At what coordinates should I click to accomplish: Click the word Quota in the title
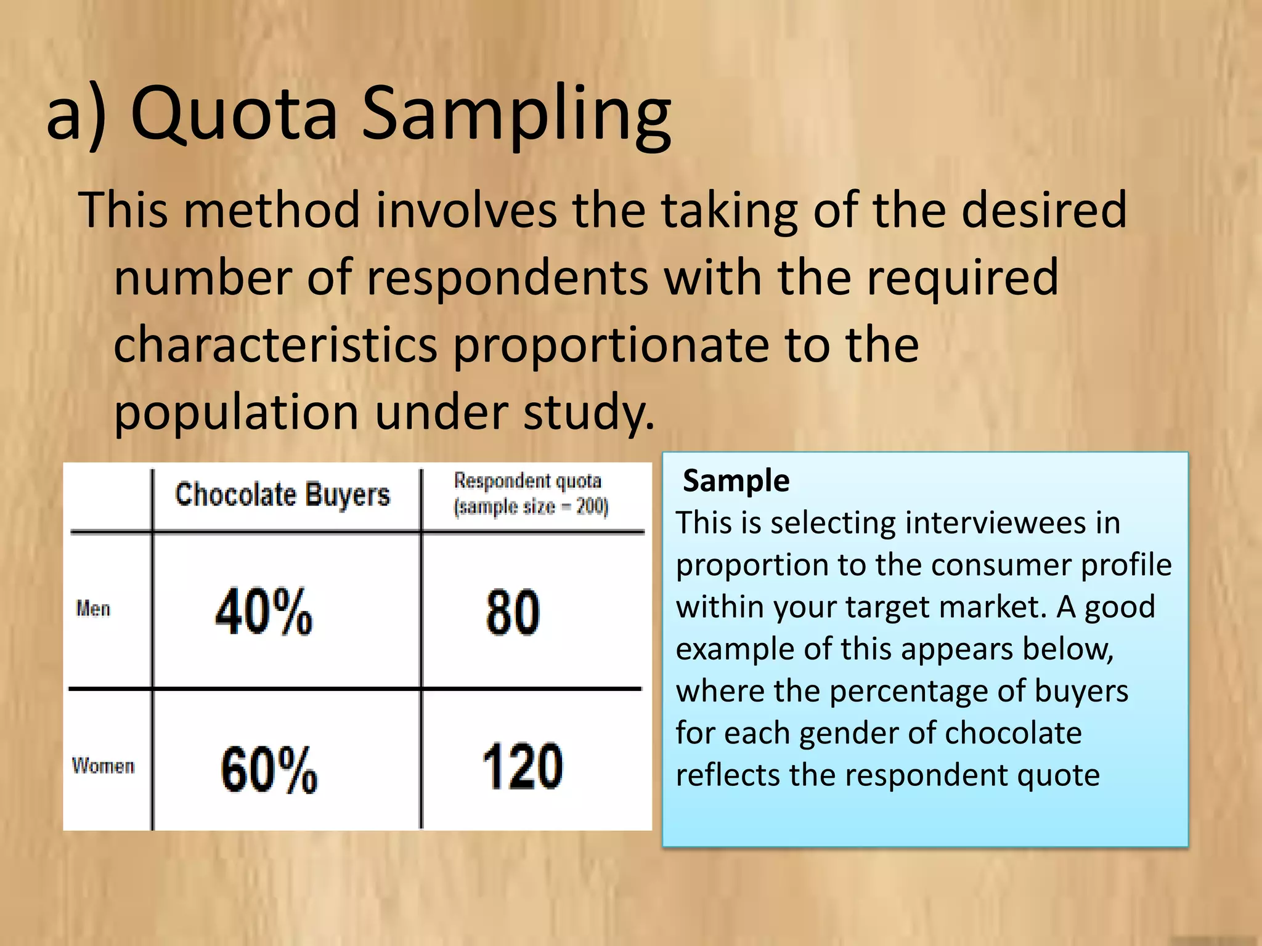tap(234, 114)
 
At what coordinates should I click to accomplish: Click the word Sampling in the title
tap(516, 117)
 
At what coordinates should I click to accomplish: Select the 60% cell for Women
tap(269, 769)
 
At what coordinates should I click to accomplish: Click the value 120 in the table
tap(522, 766)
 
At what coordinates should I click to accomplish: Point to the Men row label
tap(93, 609)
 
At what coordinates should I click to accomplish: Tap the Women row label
tap(103, 766)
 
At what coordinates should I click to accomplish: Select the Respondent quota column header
tap(530, 494)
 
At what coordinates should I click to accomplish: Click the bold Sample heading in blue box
tap(736, 480)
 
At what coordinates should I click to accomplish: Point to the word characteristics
tap(275, 345)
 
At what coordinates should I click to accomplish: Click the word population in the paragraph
tap(236, 413)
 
